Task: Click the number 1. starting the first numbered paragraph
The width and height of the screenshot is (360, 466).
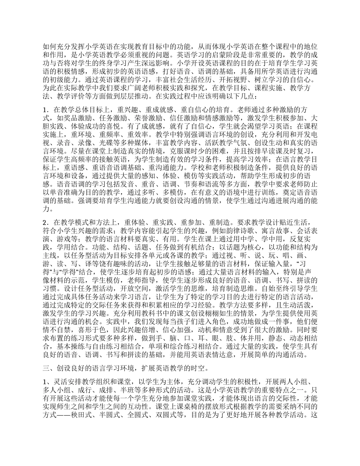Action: tap(45, 110)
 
